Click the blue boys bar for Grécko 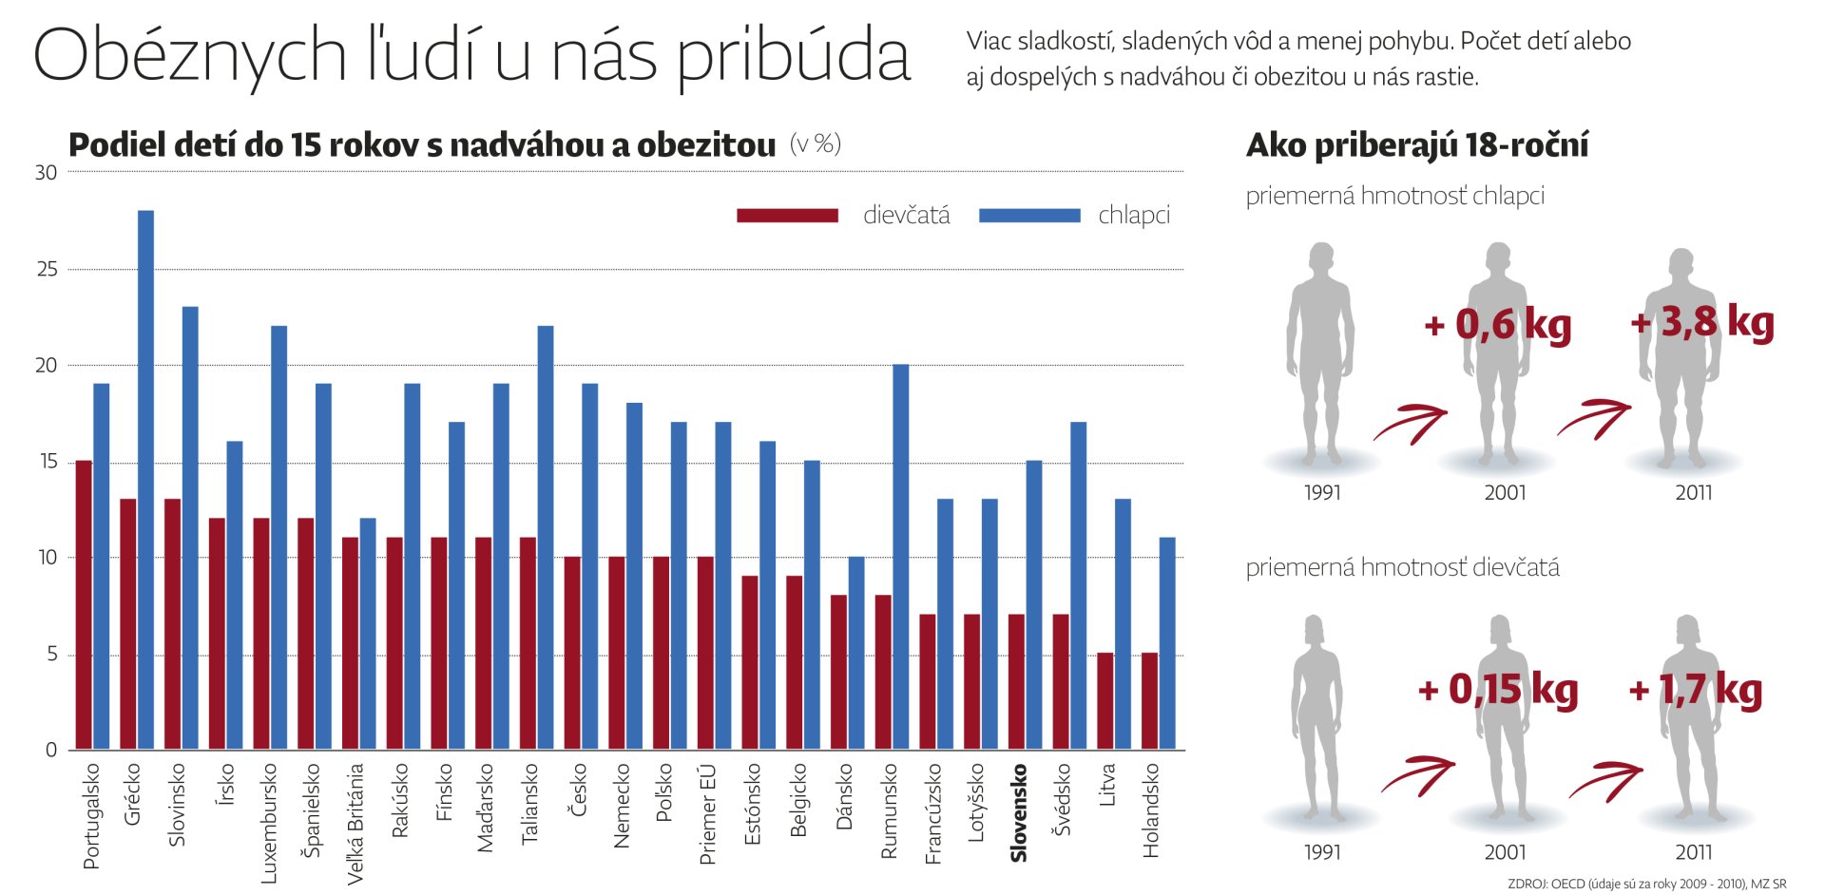(145, 480)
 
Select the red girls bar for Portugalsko (84, 605)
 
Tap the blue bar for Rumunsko (900, 557)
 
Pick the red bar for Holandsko (1149, 701)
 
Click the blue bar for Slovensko (1033, 605)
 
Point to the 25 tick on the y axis (47, 270)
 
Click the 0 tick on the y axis (51, 750)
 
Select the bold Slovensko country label (1019, 813)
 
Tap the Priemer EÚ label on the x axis (707, 814)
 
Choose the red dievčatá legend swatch (787, 216)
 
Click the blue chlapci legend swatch (1028, 216)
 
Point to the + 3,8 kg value (1701, 322)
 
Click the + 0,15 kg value (1497, 690)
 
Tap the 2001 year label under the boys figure (1505, 493)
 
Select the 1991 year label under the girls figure (1321, 852)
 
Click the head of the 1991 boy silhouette (1321, 257)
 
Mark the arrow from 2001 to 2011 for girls (1606, 781)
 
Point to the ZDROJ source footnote (1646, 884)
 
